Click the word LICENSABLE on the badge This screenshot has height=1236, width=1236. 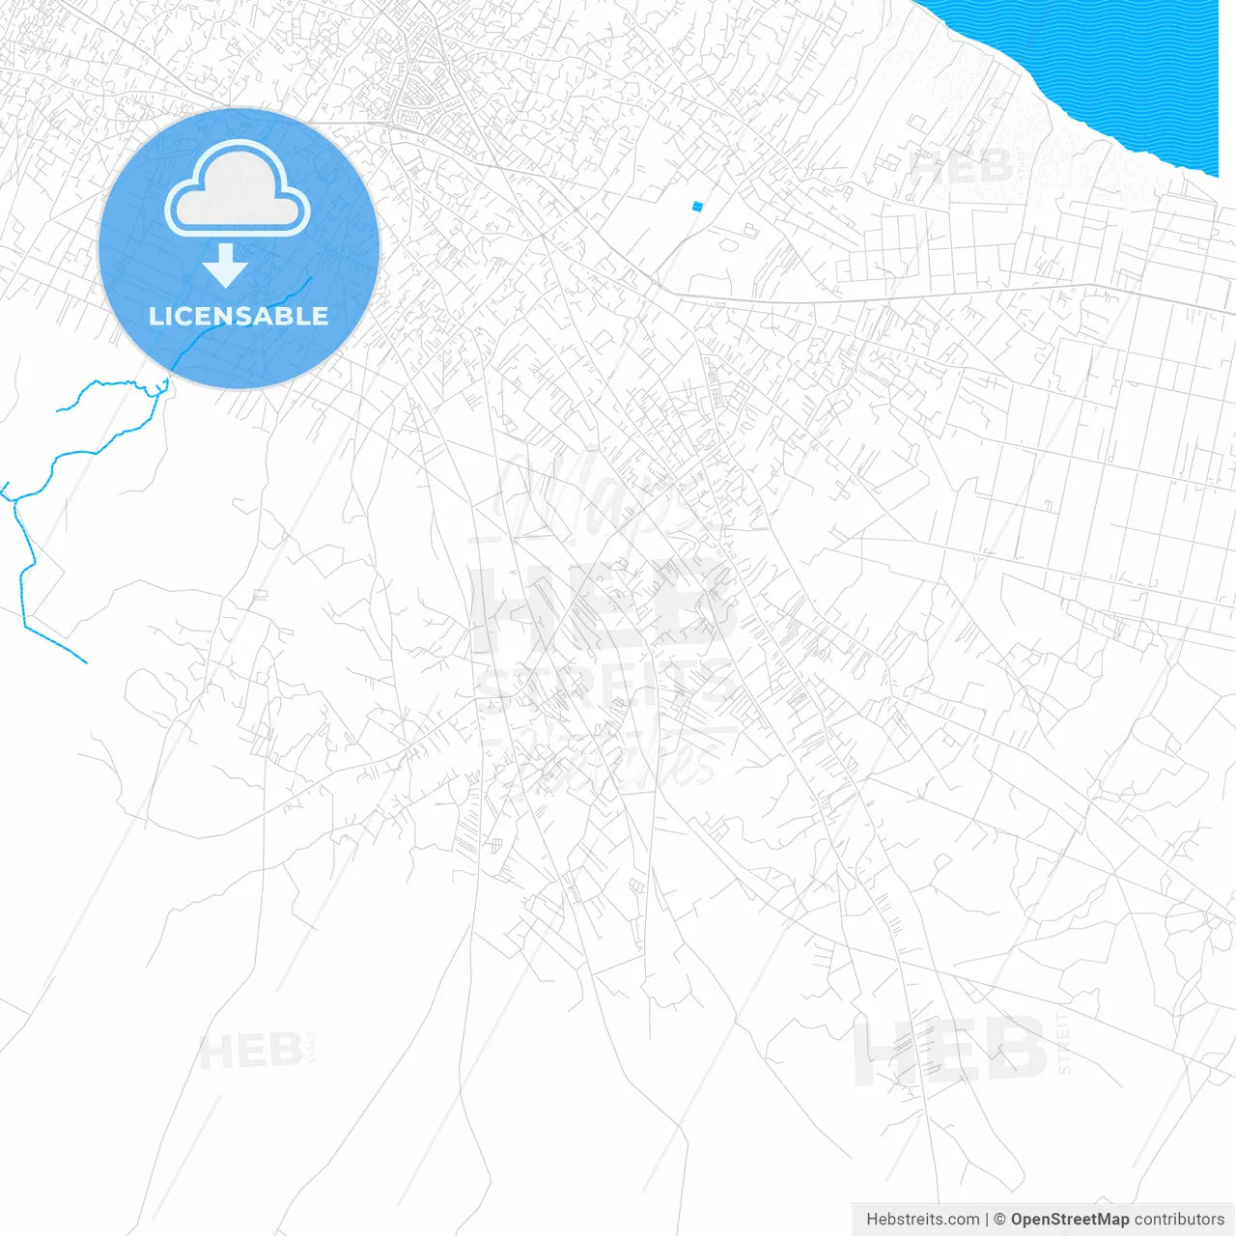tap(239, 316)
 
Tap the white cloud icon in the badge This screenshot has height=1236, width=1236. tap(238, 190)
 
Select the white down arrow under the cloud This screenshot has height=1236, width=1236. tap(226, 265)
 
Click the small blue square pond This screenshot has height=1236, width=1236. tap(697, 206)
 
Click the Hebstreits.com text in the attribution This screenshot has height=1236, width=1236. tap(922, 1220)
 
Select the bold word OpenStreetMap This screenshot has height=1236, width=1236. tap(1070, 1220)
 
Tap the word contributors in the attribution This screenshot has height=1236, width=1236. tap(1179, 1220)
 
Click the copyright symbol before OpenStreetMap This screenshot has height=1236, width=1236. tap(1000, 1220)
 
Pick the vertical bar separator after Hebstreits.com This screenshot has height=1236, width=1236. tap(987, 1220)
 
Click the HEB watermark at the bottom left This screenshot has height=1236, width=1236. tap(250, 1051)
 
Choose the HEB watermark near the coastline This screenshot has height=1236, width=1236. tap(962, 168)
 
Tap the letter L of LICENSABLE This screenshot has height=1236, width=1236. tap(154, 316)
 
